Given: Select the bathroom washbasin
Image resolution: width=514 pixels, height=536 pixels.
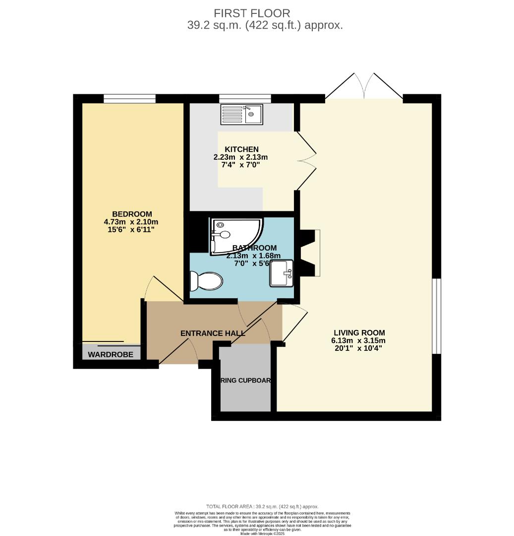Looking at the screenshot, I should coord(282,273).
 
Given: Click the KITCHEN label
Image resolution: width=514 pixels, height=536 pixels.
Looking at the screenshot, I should coord(241,149).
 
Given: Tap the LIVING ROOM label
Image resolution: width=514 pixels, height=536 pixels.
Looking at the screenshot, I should coord(359,333).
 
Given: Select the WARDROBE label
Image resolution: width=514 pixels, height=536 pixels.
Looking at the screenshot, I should coord(111,354).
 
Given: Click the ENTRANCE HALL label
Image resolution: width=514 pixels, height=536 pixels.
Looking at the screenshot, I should coord(213,334).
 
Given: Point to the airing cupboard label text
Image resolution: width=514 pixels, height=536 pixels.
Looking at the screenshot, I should coord(245,381).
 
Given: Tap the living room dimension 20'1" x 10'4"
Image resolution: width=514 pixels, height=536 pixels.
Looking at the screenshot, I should coord(358,348).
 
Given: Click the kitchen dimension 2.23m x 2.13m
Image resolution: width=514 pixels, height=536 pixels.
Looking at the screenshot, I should coord(240,157).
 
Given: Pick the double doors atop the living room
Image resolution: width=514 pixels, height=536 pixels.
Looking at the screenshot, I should coord(364,86).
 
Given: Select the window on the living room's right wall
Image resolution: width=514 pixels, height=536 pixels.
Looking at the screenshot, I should coord(436,316).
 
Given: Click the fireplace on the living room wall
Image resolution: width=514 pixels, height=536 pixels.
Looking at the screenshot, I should coord(311,253).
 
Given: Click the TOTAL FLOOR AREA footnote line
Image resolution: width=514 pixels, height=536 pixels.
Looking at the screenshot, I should coord(263,506).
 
